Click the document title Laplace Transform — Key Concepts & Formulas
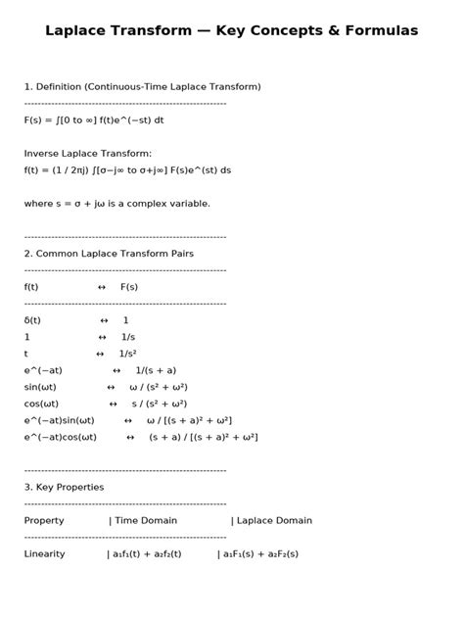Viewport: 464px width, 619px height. point(231,31)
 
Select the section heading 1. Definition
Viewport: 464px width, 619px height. point(142,86)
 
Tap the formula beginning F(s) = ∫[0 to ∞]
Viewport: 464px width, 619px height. point(94,119)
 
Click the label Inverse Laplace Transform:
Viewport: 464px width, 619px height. point(88,153)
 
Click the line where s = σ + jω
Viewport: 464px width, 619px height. point(116,203)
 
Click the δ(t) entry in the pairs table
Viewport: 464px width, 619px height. point(32,320)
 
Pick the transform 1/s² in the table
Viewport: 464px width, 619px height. point(127,354)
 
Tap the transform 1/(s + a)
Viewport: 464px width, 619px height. point(156,370)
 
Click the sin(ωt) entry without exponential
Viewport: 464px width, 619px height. point(41,387)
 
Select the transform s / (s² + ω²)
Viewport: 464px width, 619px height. point(159,404)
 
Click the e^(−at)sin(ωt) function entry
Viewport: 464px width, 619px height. point(59,420)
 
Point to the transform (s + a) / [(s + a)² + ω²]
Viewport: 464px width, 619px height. point(203,437)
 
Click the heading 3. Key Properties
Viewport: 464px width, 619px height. point(64,487)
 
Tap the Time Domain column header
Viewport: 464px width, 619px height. point(146,520)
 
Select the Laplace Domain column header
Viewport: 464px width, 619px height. point(274,520)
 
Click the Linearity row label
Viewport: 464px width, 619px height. point(44,553)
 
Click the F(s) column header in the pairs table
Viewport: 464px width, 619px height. point(129,287)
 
